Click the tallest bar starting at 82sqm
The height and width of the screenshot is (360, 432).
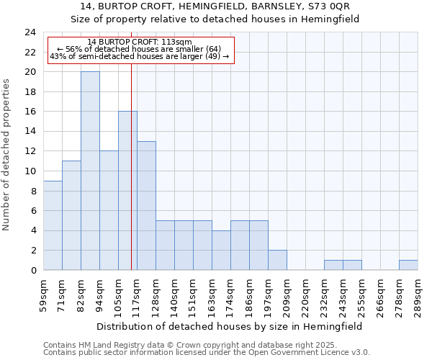click(90, 171)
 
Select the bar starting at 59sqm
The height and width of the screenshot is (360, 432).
click(53, 225)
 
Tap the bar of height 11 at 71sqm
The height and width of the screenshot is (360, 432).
click(71, 215)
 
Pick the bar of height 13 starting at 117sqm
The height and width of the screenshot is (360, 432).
click(146, 205)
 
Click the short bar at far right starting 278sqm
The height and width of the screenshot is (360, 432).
click(408, 265)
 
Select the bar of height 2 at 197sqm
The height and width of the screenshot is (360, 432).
click(277, 260)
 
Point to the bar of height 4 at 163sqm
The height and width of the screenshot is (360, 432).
click(221, 250)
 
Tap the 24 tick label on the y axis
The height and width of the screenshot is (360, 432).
click(30, 32)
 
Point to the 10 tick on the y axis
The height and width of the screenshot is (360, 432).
click(30, 171)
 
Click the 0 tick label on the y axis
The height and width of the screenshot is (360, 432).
click(32, 271)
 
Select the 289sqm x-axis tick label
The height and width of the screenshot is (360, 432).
click(418, 295)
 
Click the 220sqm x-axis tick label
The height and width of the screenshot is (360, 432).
click(305, 295)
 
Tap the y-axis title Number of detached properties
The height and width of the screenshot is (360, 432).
click(7, 155)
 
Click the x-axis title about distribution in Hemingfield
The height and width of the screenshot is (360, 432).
click(230, 326)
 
